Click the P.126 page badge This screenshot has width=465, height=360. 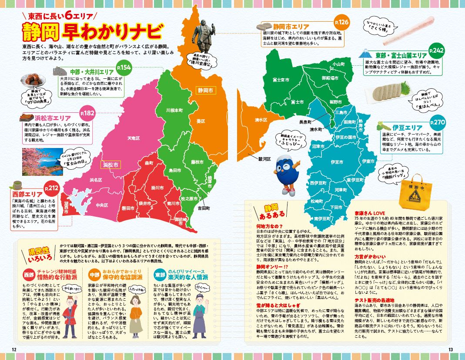click(x=341, y=22)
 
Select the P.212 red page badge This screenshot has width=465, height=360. click(x=51, y=188)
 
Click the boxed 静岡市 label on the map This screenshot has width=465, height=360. click(x=205, y=91)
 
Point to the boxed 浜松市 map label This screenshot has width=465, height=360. click(x=110, y=164)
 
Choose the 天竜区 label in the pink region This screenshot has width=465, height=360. click(x=133, y=138)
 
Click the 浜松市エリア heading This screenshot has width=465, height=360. click(x=51, y=118)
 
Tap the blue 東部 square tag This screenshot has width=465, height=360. click(x=160, y=275)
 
